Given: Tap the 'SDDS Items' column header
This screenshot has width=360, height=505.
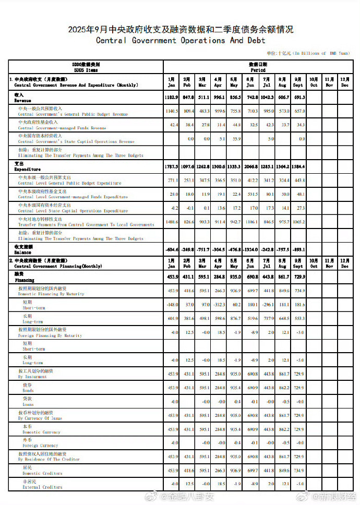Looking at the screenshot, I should (86, 69).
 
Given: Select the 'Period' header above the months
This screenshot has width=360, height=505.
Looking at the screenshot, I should (258, 69).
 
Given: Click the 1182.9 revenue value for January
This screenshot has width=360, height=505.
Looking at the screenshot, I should (172, 98).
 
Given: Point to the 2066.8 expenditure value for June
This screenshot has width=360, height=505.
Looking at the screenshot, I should (251, 166).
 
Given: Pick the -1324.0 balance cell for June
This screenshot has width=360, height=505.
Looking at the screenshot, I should (251, 248).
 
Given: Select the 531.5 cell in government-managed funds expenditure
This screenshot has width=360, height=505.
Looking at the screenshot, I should (251, 194).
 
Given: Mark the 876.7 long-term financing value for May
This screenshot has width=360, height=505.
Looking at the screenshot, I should (235, 319).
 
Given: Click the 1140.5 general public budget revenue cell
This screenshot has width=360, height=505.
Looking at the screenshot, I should (172, 111).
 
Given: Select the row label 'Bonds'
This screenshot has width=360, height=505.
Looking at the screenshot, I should (28, 391).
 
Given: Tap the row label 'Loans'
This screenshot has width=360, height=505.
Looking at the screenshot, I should (28, 404).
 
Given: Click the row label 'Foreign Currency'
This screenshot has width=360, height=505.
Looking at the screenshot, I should (40, 446).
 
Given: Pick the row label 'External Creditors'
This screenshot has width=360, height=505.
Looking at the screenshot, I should (42, 487).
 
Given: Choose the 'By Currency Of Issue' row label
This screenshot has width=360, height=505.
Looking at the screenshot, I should (40, 418).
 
